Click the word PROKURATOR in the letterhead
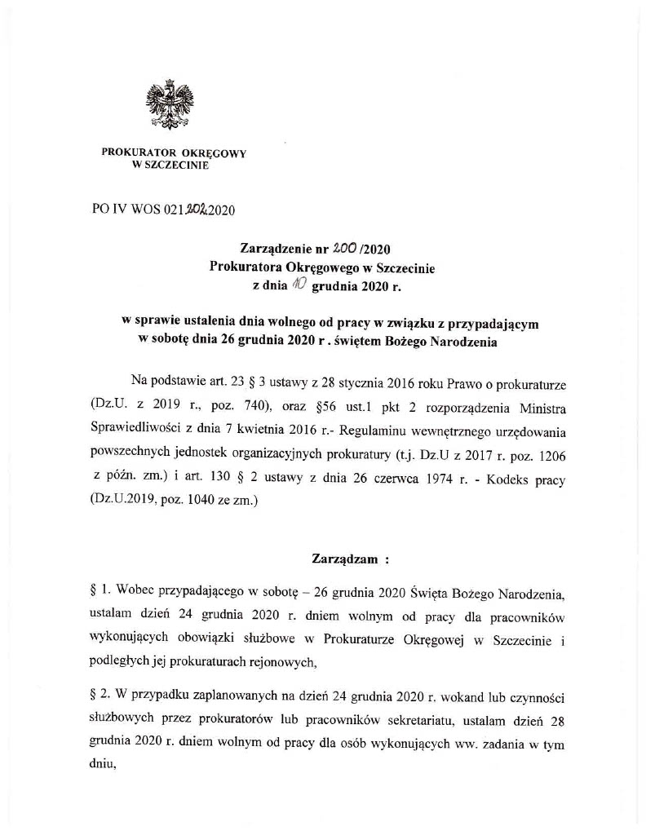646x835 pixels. (x=133, y=152)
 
